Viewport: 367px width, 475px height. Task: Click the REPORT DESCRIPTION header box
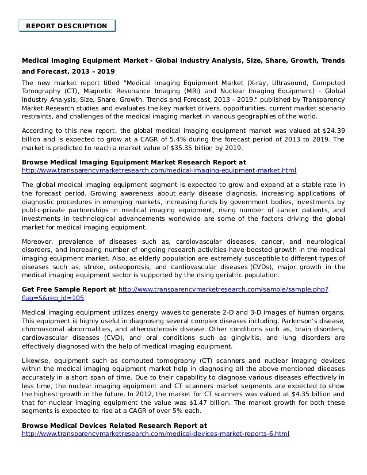pos(67,26)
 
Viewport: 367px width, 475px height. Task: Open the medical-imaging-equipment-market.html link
pos(159,171)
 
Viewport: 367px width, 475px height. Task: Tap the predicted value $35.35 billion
pos(197,148)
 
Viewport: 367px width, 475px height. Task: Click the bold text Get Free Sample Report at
pos(68,289)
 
